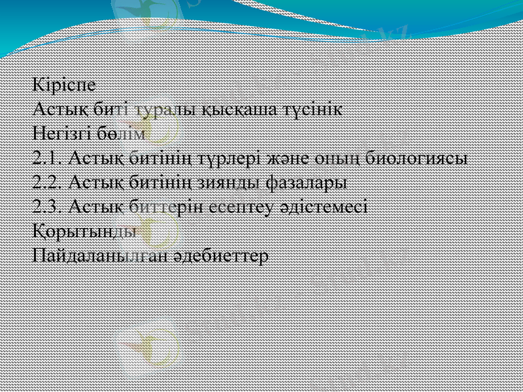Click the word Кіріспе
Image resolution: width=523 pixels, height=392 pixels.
[x=65, y=85]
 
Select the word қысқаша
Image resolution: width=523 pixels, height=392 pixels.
[x=235, y=109]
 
